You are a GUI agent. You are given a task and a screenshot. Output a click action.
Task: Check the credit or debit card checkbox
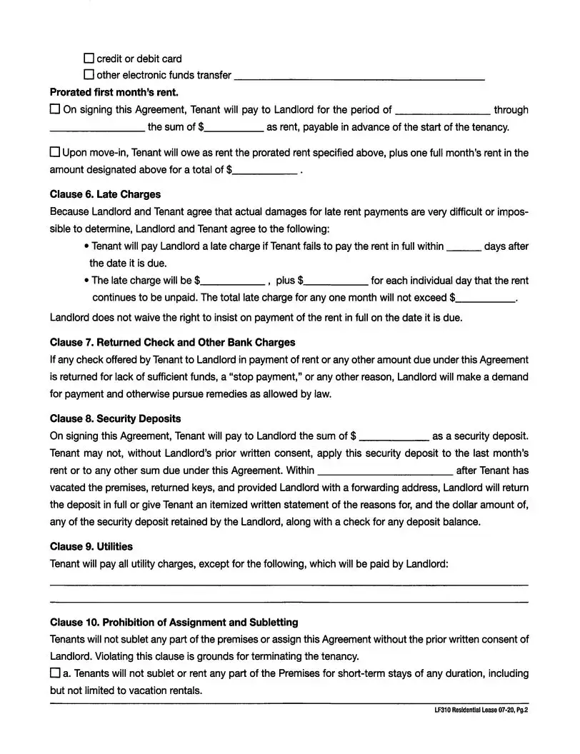tap(89, 59)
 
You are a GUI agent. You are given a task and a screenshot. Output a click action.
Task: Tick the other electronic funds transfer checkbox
tap(89, 75)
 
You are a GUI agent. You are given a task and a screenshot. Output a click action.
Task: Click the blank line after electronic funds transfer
tap(359, 76)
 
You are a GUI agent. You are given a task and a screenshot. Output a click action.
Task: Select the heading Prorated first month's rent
tap(114, 92)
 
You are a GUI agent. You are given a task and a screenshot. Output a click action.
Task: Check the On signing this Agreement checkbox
tap(55, 110)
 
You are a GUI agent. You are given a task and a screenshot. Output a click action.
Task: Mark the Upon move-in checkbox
tap(55, 153)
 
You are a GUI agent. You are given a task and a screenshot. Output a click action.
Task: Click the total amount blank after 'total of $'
tap(265, 171)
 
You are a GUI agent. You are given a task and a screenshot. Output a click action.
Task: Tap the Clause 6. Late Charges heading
tap(105, 194)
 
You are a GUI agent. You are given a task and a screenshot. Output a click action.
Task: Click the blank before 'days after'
tap(464, 248)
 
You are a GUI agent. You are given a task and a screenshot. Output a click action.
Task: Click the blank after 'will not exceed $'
tap(486, 298)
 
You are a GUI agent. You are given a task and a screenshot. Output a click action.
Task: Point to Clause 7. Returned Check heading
tap(172, 343)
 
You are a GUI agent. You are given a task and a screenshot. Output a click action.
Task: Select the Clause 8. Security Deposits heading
tap(115, 418)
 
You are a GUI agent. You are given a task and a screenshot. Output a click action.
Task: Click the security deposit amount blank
tap(394, 437)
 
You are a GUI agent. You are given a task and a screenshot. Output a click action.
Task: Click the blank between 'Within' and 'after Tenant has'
tap(384, 471)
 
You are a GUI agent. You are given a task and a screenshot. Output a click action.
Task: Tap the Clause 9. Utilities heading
tap(91, 547)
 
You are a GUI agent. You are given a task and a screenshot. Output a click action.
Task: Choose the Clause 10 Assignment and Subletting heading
tap(174, 623)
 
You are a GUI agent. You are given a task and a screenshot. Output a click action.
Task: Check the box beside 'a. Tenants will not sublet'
tap(55, 673)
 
